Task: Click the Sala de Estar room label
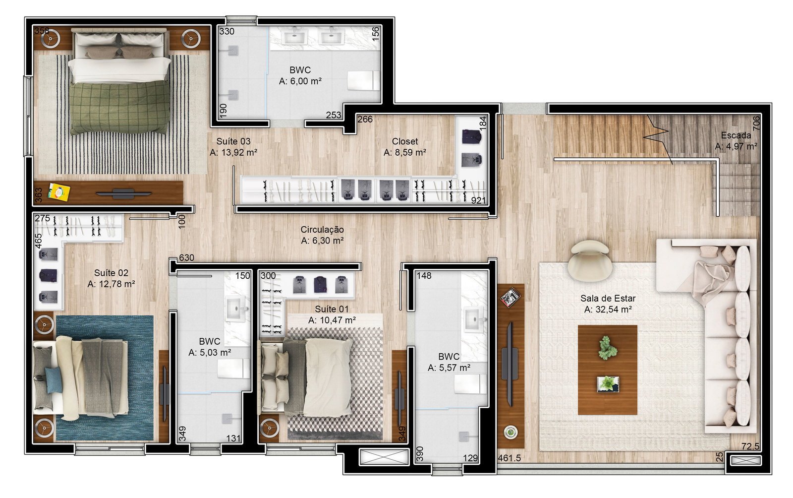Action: (608, 298)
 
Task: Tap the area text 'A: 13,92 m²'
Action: (233, 153)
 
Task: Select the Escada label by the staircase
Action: (736, 135)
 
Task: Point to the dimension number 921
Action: (478, 200)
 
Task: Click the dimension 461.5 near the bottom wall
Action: (510, 458)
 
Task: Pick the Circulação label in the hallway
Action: (322, 230)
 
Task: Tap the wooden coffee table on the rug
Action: (608, 370)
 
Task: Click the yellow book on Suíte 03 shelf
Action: (59, 192)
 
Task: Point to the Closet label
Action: (404, 141)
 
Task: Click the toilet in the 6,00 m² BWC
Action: (364, 81)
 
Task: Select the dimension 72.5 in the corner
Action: (750, 446)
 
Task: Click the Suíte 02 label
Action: (111, 273)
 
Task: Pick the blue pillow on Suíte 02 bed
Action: (54, 379)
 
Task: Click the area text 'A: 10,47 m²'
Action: (332, 320)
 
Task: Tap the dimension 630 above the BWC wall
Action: (186, 258)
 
